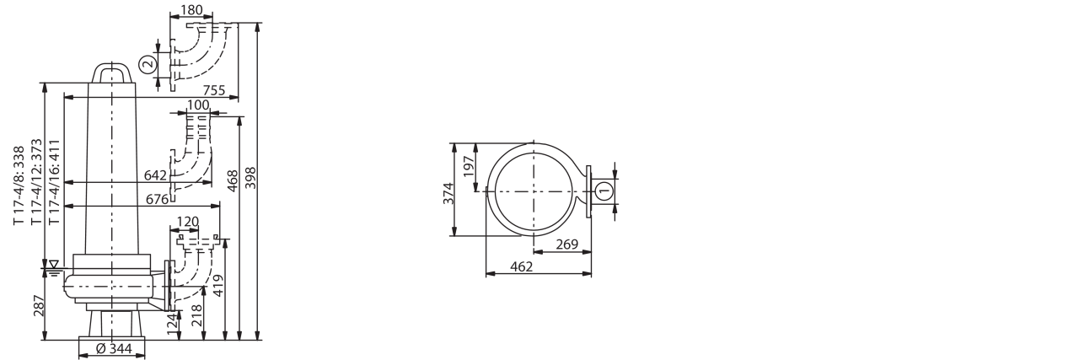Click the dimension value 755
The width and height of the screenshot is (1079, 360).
click(214, 90)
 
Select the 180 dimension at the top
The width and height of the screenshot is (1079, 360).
click(191, 9)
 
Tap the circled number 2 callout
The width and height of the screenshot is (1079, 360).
click(148, 64)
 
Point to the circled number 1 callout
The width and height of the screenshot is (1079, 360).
click(604, 191)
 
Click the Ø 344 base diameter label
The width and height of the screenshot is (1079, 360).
click(114, 348)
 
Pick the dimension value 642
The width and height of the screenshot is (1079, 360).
click(155, 175)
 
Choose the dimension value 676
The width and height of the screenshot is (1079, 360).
click(157, 199)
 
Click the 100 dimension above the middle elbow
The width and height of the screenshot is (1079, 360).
click(198, 105)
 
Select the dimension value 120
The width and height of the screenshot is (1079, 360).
click(187, 221)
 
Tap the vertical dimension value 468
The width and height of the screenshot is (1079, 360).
click(233, 180)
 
